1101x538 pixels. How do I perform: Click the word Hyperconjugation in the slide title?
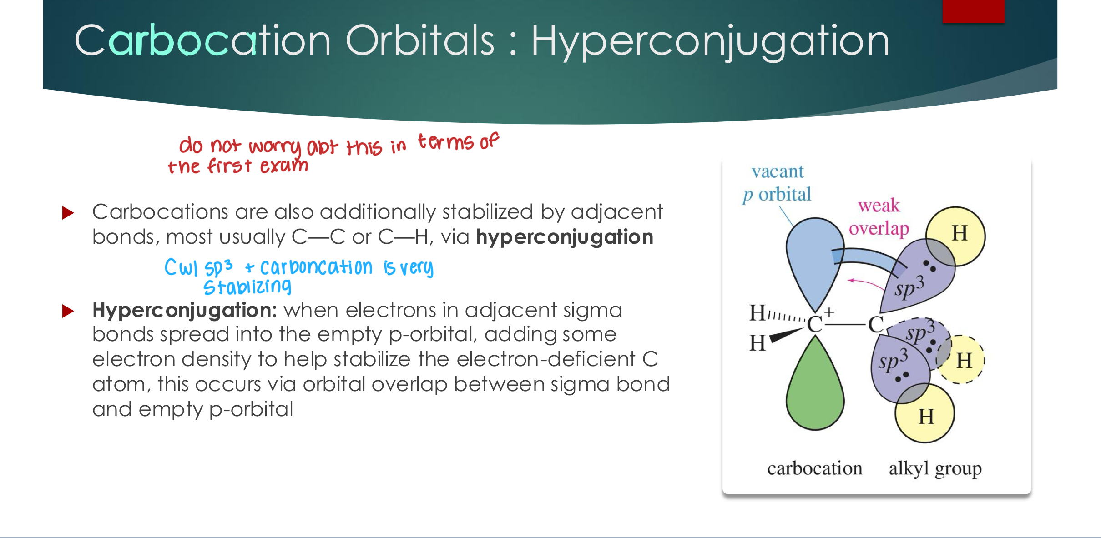point(710,41)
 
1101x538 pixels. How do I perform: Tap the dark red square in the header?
point(973,11)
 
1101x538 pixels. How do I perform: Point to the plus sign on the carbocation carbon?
point(829,312)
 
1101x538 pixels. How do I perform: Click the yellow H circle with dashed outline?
point(961,360)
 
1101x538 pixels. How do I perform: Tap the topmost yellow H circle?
point(956,236)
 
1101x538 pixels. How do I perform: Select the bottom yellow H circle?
point(925,413)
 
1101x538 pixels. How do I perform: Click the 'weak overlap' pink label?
point(879,217)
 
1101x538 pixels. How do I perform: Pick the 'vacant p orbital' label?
point(777,183)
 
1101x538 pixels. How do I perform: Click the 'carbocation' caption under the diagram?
point(815,468)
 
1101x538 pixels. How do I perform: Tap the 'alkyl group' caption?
point(935,469)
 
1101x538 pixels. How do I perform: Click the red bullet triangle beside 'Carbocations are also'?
point(68,212)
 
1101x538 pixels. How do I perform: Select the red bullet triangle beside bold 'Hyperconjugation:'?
point(68,311)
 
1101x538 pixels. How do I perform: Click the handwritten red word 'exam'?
point(284,166)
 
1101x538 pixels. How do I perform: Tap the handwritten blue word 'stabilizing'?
point(247,287)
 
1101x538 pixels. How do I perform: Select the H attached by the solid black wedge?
point(758,342)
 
